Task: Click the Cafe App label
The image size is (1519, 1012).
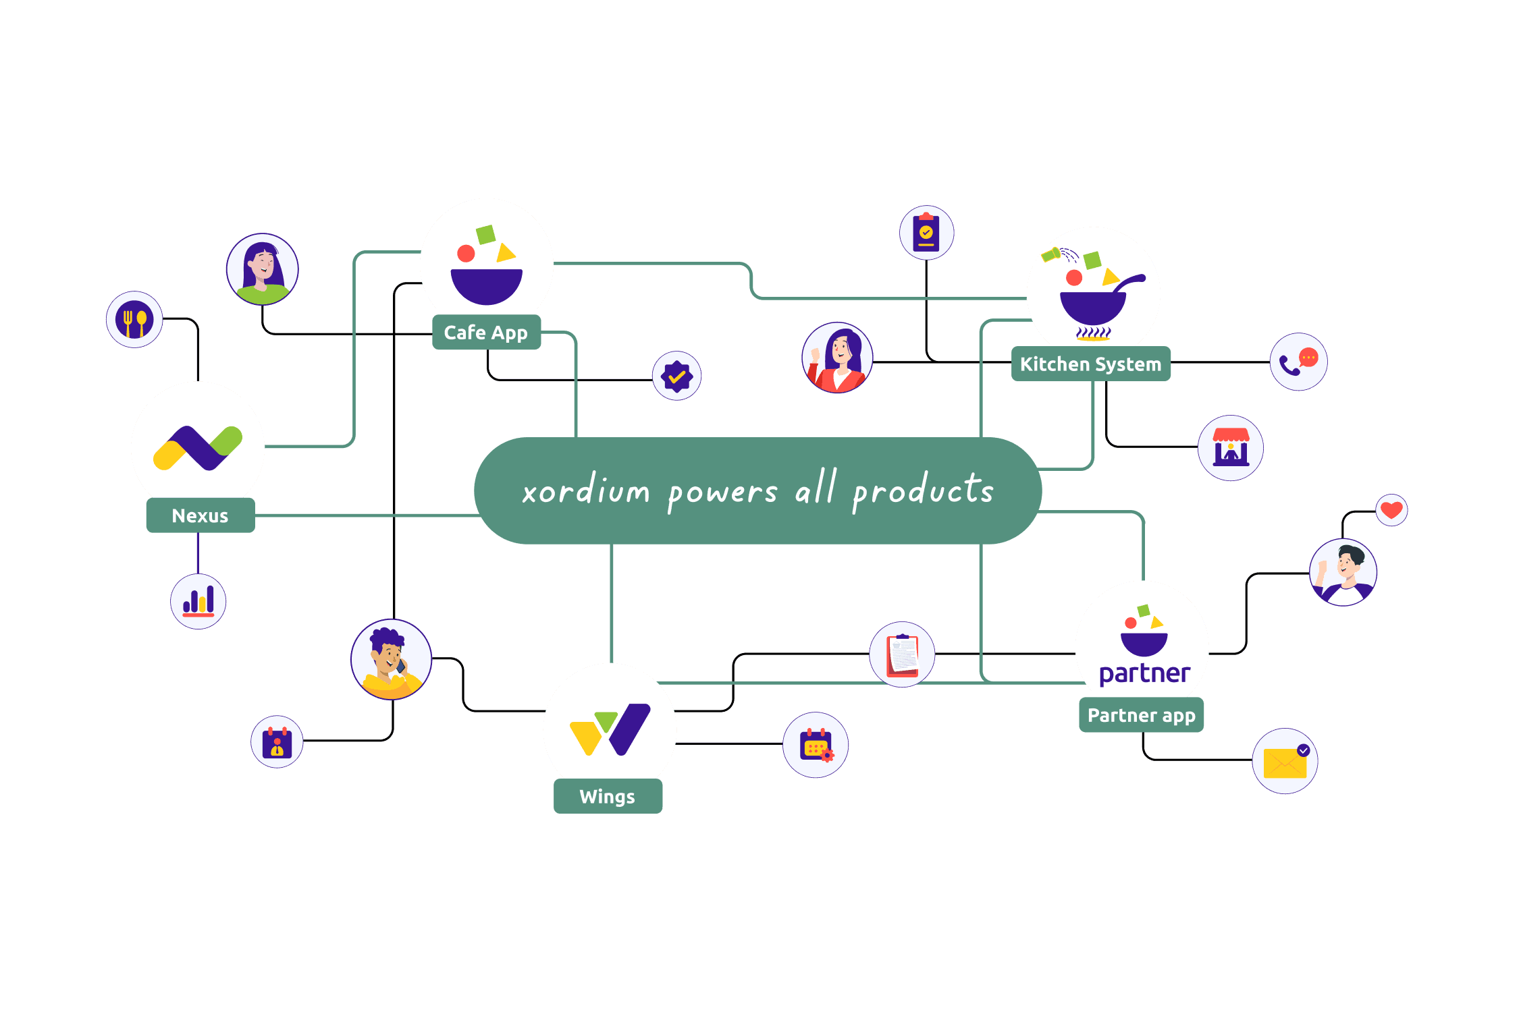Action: (x=486, y=333)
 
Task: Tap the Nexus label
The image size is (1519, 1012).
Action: (x=200, y=516)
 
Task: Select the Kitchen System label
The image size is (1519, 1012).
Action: (x=1090, y=364)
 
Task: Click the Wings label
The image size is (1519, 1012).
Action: (x=608, y=797)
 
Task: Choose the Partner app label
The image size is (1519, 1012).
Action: (x=1141, y=715)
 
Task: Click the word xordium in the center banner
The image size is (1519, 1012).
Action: (x=586, y=490)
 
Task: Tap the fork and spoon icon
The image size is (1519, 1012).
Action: (x=134, y=320)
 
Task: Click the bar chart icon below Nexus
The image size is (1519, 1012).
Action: (x=198, y=601)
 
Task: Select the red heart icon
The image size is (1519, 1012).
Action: (x=1391, y=510)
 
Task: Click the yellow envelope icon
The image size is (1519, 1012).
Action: (x=1285, y=762)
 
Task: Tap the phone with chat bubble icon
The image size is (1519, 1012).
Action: (x=1298, y=362)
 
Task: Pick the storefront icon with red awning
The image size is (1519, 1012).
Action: (x=1231, y=448)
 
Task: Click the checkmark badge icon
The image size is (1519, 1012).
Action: (x=676, y=376)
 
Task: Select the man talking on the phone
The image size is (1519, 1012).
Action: (x=391, y=660)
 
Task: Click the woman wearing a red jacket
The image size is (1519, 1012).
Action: (x=837, y=358)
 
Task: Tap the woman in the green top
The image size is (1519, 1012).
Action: (x=262, y=269)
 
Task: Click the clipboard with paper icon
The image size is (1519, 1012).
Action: (x=902, y=654)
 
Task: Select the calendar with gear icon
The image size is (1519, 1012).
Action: (x=816, y=745)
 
